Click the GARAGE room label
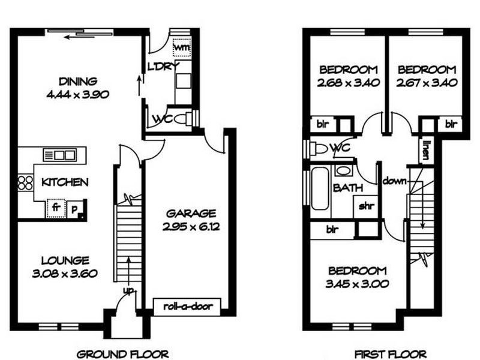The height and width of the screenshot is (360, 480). [191, 214]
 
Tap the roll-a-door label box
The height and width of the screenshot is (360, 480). [187, 307]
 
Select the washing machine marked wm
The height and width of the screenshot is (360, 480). [182, 47]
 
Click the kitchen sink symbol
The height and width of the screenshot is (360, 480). [59, 155]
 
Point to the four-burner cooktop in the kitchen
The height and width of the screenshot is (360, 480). [25, 182]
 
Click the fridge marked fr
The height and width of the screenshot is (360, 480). [56, 208]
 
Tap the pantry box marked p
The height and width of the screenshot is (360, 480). [74, 209]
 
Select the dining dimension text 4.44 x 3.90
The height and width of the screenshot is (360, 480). [78, 95]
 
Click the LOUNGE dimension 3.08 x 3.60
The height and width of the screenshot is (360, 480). [65, 274]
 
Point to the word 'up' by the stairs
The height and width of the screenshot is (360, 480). [129, 290]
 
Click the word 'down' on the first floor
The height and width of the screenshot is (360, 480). [394, 181]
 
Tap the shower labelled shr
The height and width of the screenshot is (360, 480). [366, 206]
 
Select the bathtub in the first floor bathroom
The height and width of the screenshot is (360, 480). [320, 188]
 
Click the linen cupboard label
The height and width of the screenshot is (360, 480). [425, 151]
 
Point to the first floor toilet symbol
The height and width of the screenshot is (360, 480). [319, 149]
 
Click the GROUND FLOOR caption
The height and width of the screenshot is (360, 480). [122, 355]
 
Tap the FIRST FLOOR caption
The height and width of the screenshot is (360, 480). [391, 355]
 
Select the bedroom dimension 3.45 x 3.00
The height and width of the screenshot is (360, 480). [357, 284]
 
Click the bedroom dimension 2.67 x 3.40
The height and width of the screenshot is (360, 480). [427, 83]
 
